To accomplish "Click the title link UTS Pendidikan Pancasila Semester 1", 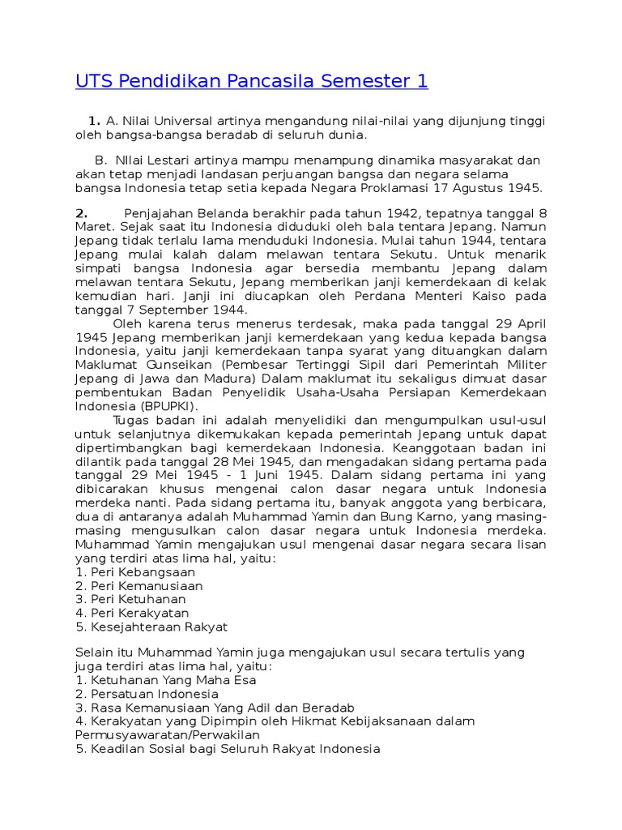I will [x=251, y=81].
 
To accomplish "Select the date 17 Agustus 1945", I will [x=488, y=187].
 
